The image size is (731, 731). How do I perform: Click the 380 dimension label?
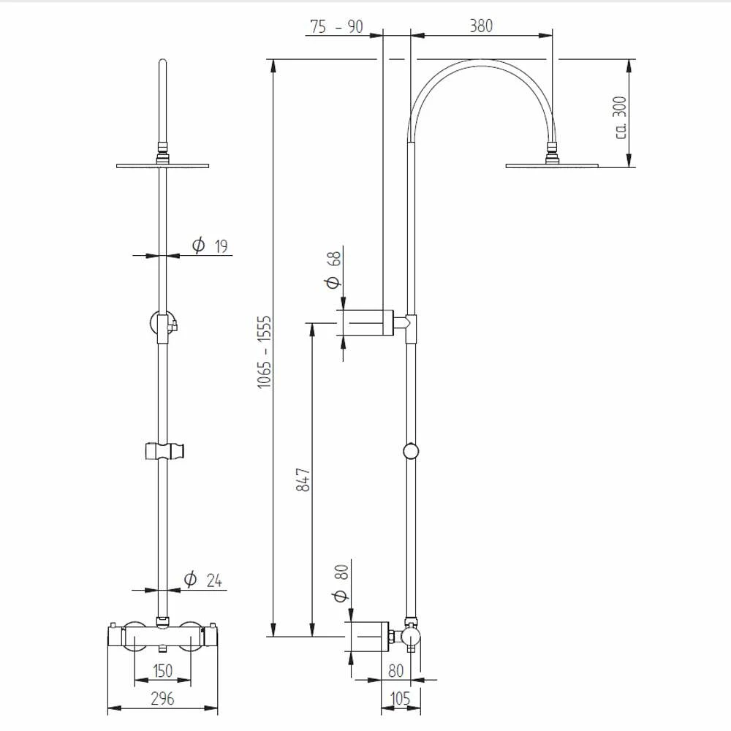pos(481,26)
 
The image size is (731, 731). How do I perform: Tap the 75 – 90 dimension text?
pos(336,26)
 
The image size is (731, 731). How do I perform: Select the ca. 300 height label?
pos(620,118)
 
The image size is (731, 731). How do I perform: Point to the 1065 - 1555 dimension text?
pos(264,352)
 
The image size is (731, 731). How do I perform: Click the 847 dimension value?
pos(303,480)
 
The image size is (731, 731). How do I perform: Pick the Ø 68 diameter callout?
pos(333,270)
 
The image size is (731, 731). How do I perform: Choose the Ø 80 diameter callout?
pos(341,583)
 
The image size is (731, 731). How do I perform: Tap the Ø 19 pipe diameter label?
pos(210,245)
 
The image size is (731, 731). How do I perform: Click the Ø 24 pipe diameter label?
pos(202,580)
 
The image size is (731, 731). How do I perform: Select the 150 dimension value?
pos(163,671)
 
